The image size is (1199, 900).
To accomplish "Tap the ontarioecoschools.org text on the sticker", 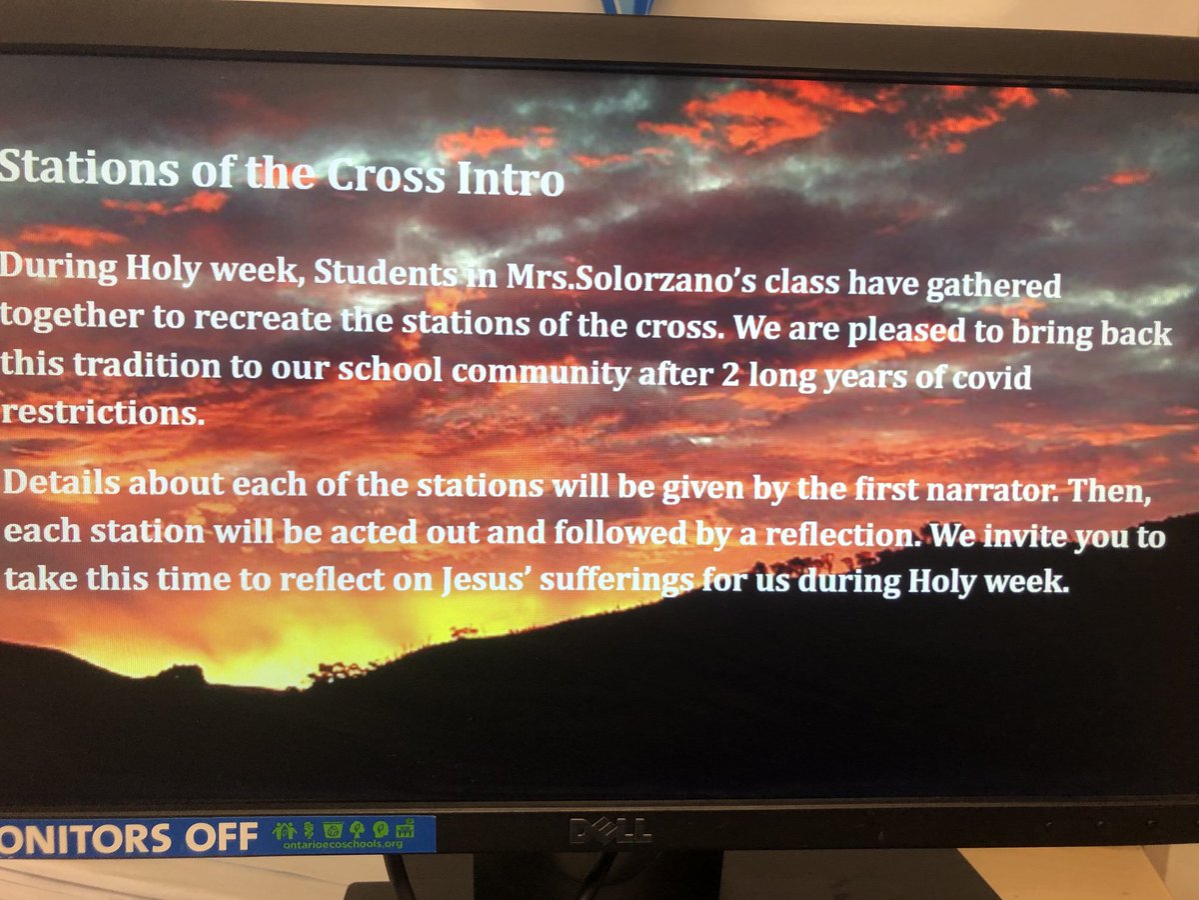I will coord(336,843).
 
